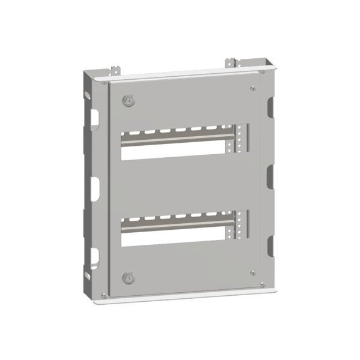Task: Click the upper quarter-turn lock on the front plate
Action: pos(128,101)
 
